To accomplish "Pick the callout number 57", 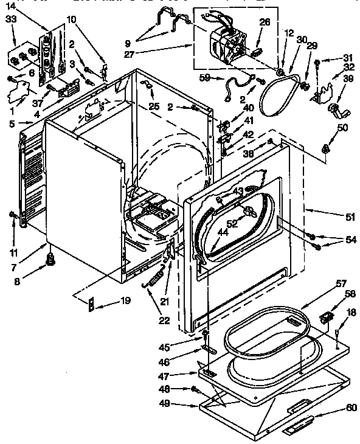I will click(x=341, y=284).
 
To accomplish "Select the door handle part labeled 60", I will click(x=298, y=426).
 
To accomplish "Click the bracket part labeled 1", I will click(x=18, y=94).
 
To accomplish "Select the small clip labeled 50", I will click(x=327, y=148).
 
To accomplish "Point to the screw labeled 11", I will click(x=12, y=213).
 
